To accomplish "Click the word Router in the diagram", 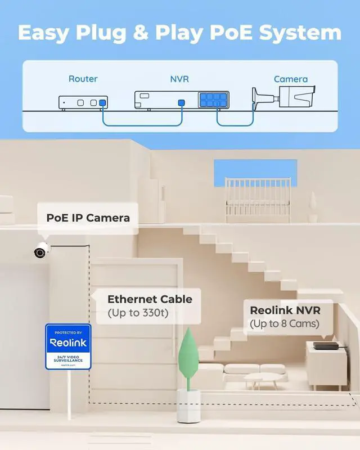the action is coord(83,79).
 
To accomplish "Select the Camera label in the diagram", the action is coord(290,79).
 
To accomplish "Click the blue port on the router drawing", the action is coord(102,103).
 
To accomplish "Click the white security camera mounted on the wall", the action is coord(41,251).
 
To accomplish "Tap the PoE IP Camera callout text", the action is coord(88,218).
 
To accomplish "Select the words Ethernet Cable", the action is coord(150,299).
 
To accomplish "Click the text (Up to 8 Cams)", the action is coord(284,323).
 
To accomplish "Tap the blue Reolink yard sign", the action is coord(68,346).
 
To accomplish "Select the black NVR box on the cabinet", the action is coord(326,345).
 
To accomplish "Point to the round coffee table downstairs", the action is coord(263,377).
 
